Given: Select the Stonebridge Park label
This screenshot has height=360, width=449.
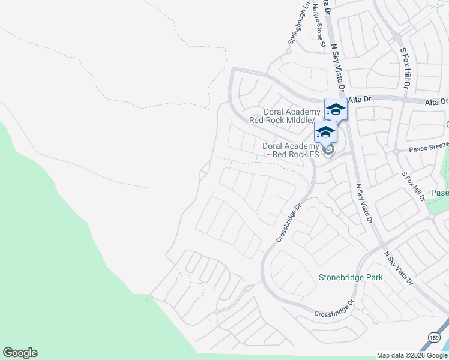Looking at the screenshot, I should (x=351, y=278).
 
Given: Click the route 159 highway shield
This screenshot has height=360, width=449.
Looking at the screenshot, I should (x=433, y=337).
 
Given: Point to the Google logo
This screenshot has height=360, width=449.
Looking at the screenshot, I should (x=20, y=353).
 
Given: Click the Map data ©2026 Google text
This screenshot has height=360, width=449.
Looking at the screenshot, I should (x=412, y=355).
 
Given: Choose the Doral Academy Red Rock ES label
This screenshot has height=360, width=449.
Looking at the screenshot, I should (x=291, y=150).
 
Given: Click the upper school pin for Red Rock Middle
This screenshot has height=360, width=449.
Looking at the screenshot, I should (x=335, y=110).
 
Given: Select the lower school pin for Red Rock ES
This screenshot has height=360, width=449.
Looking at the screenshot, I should (x=325, y=132).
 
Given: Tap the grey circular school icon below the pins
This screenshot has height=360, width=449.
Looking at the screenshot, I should (x=328, y=149).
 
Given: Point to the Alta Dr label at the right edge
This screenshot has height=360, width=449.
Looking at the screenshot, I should (x=436, y=102).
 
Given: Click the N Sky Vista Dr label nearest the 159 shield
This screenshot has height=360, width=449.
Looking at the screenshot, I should (x=399, y=268).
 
